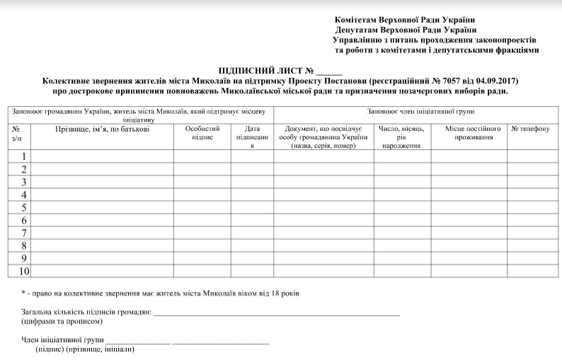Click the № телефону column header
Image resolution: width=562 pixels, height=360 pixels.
[x=529, y=129]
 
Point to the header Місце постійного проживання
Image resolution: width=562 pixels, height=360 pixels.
[x=474, y=134]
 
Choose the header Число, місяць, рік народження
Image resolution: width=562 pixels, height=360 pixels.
[x=402, y=137]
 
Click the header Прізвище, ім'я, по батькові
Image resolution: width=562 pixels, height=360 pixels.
[x=103, y=129]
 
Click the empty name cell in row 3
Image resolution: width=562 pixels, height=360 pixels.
[x=103, y=182]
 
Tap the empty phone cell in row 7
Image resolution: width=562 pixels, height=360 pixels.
[x=529, y=233]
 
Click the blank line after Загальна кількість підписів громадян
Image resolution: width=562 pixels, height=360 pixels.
[x=277, y=312]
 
